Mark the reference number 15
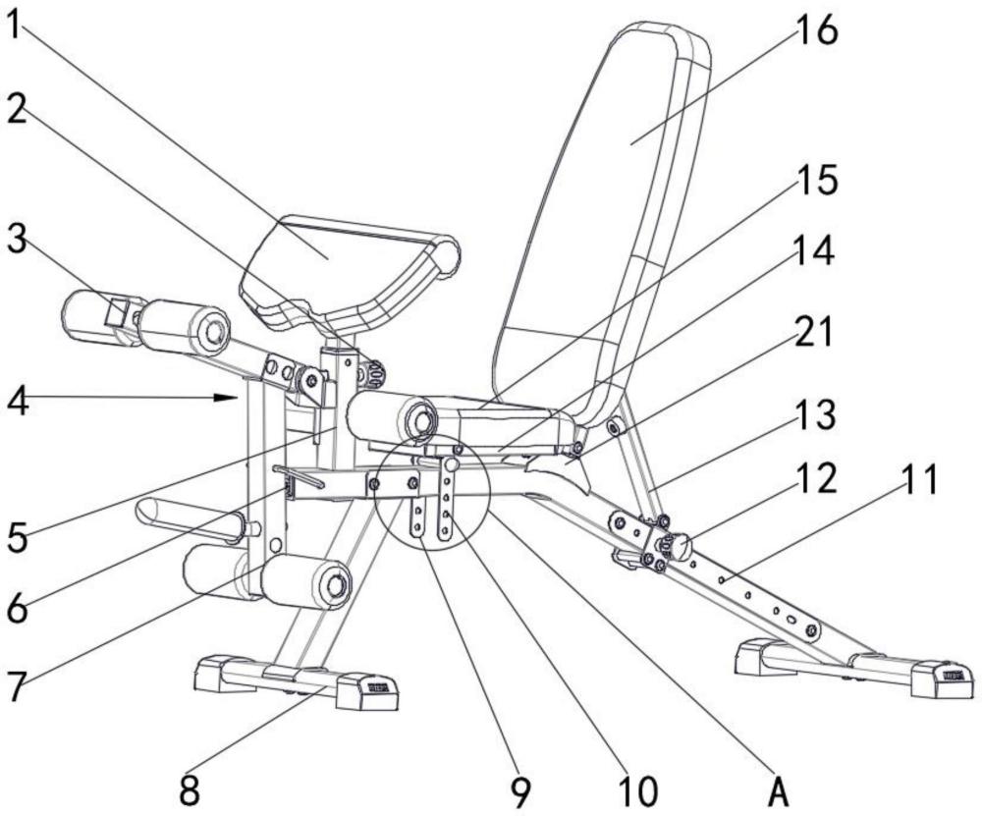815,182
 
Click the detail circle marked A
431,491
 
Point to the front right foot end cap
365,691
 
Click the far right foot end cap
941,678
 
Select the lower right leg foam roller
306,581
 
